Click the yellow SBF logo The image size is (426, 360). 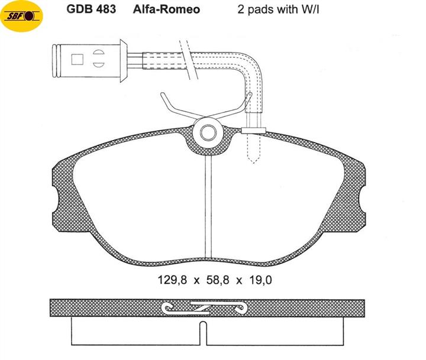22,16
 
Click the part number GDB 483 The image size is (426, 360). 91,9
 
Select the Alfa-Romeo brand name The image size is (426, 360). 166,9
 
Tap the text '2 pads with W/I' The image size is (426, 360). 278,9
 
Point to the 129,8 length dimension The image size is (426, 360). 172,280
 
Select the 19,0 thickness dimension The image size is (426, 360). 260,280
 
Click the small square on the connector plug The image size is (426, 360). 77,60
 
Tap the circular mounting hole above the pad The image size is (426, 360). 208,133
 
